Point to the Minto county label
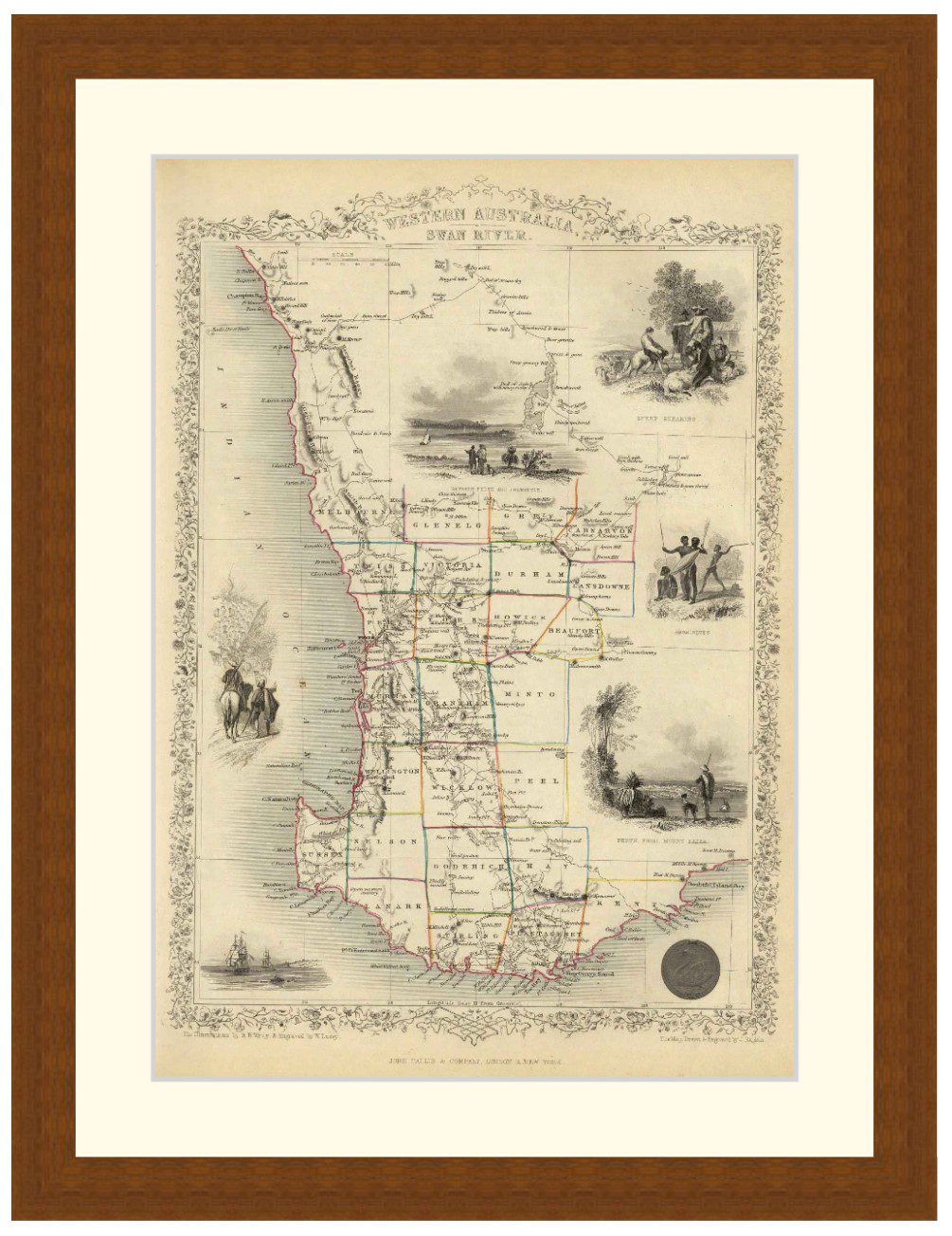(532, 693)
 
